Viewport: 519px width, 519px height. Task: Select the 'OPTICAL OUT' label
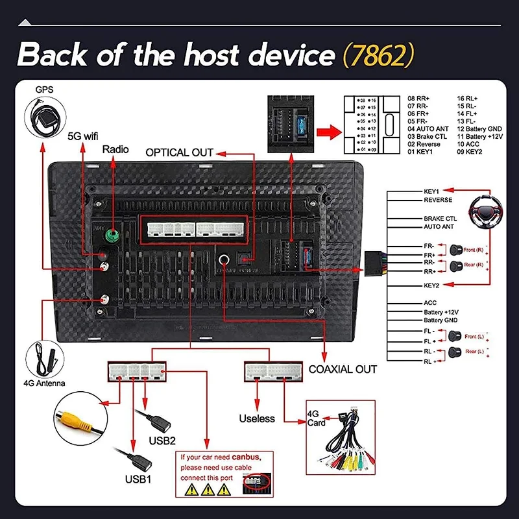pos(180,152)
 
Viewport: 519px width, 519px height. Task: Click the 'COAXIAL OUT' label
pos(343,369)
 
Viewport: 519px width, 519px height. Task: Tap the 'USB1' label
pos(138,480)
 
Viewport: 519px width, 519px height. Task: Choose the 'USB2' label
pos(162,441)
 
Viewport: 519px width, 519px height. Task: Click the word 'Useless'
pos(257,418)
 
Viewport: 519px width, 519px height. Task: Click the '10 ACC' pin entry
pos(470,144)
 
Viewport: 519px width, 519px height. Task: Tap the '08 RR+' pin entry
pos(419,98)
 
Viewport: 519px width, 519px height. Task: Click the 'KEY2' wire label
pos(431,285)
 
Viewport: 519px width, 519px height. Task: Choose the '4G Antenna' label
pos(44,383)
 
